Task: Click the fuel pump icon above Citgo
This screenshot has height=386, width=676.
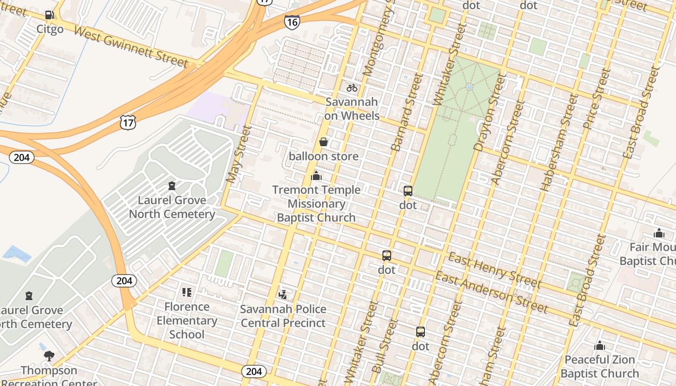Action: [49, 15]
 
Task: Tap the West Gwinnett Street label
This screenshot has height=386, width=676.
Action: [130, 46]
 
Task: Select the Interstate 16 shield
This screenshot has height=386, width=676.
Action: [292, 22]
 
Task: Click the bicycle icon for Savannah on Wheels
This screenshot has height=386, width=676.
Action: [352, 88]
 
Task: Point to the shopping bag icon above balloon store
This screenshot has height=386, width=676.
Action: [324, 142]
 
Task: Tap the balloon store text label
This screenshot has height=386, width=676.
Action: [324, 156]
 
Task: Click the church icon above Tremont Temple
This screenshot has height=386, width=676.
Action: [316, 176]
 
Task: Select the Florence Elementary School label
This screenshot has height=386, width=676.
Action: [187, 320]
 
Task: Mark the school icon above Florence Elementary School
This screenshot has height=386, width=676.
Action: [187, 292]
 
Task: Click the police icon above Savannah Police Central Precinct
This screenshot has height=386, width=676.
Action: [283, 294]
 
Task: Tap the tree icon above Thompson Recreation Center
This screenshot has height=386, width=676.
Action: [49, 356]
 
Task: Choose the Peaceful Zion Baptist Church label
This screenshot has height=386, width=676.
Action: [600, 367]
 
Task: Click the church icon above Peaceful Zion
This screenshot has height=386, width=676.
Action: [600, 345]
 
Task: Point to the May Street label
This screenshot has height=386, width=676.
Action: [239, 154]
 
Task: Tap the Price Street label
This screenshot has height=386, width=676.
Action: [597, 99]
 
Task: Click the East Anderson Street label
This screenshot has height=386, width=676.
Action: [492, 292]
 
